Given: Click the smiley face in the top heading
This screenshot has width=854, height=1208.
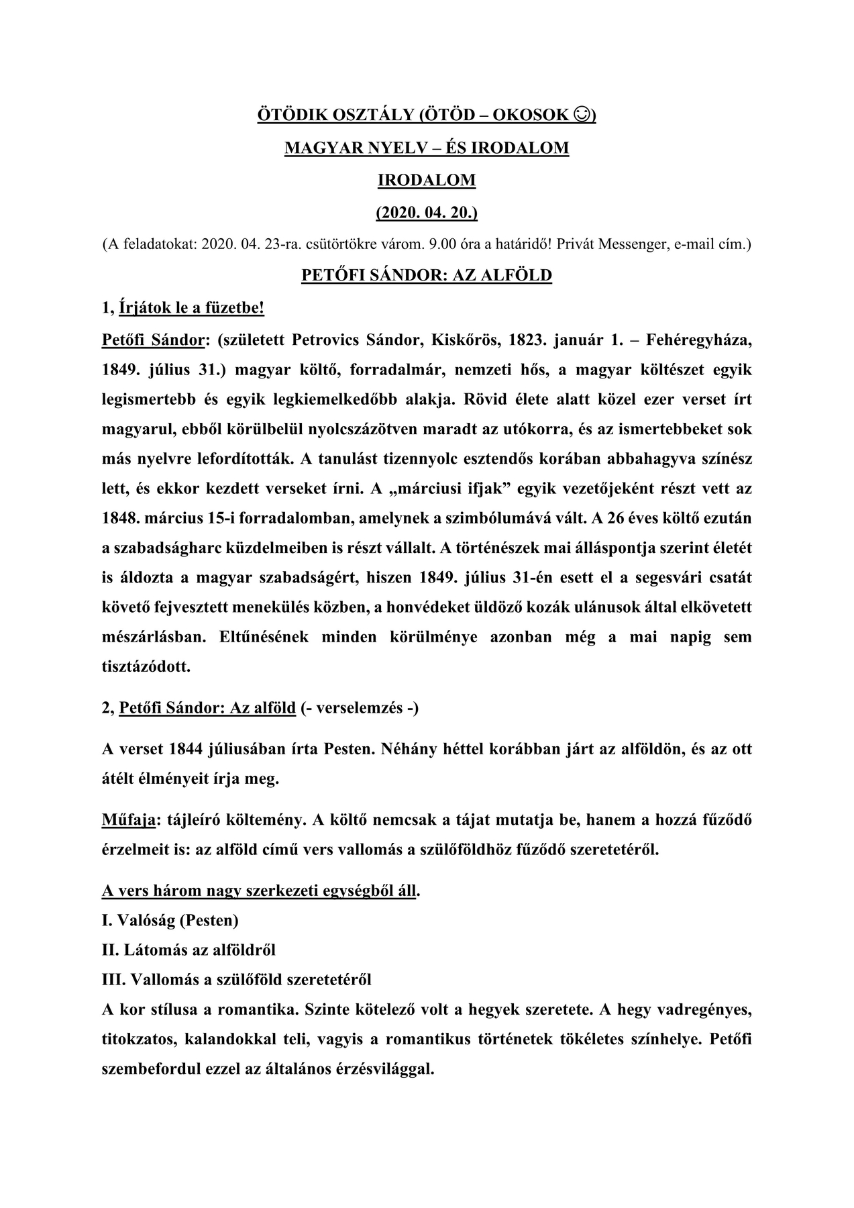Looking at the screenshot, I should (582, 115).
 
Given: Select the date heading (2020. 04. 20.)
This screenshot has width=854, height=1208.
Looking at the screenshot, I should (427, 212).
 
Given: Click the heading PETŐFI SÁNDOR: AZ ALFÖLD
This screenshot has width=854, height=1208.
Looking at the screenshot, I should (427, 275).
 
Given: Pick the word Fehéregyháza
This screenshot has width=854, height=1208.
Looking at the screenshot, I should (699, 340).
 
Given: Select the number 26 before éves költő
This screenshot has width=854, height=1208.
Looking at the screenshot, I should (626, 518).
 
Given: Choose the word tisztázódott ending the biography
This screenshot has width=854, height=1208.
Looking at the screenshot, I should (146, 667).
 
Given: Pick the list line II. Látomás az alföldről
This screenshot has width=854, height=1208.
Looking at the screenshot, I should (189, 950).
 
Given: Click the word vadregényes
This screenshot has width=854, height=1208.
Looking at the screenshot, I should (704, 1010).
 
